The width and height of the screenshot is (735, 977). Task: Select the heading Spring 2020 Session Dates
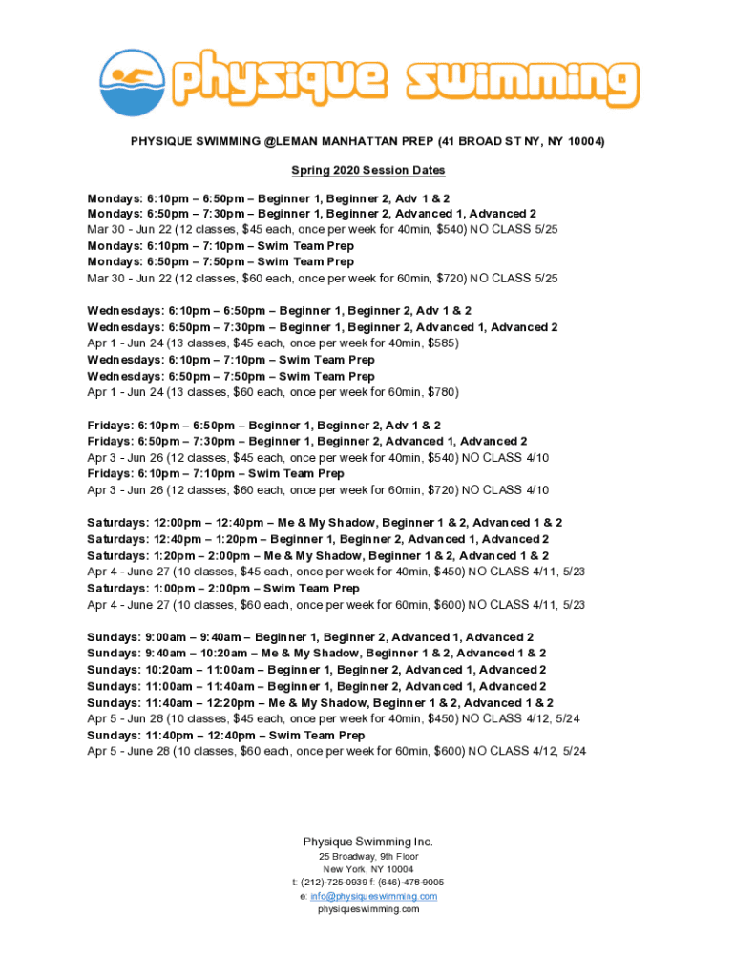click(x=367, y=171)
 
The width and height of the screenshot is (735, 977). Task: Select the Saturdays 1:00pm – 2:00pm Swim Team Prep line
click(x=222, y=589)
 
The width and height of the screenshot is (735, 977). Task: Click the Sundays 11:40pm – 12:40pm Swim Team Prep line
click(x=225, y=736)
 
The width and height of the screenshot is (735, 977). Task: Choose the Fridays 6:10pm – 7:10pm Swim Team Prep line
click(x=215, y=474)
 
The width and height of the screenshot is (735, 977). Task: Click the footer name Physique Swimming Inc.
click(x=367, y=842)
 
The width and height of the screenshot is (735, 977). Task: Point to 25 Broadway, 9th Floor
click(x=367, y=857)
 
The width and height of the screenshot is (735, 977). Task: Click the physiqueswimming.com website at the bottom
click(x=367, y=910)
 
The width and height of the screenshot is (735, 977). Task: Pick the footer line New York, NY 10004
click(x=367, y=870)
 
